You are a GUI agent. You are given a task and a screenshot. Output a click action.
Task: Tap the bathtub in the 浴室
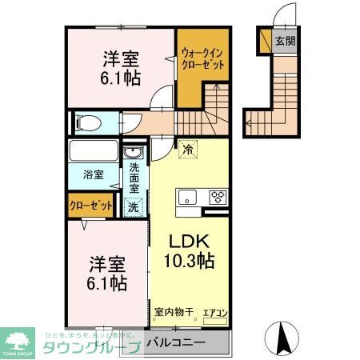(94, 150)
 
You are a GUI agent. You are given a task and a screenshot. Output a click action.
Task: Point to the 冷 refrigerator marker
(187, 149)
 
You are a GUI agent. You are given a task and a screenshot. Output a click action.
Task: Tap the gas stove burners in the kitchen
(218, 196)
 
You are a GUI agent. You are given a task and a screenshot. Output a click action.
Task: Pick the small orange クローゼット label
(90, 206)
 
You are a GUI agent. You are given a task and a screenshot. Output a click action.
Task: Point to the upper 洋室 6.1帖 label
(121, 67)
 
